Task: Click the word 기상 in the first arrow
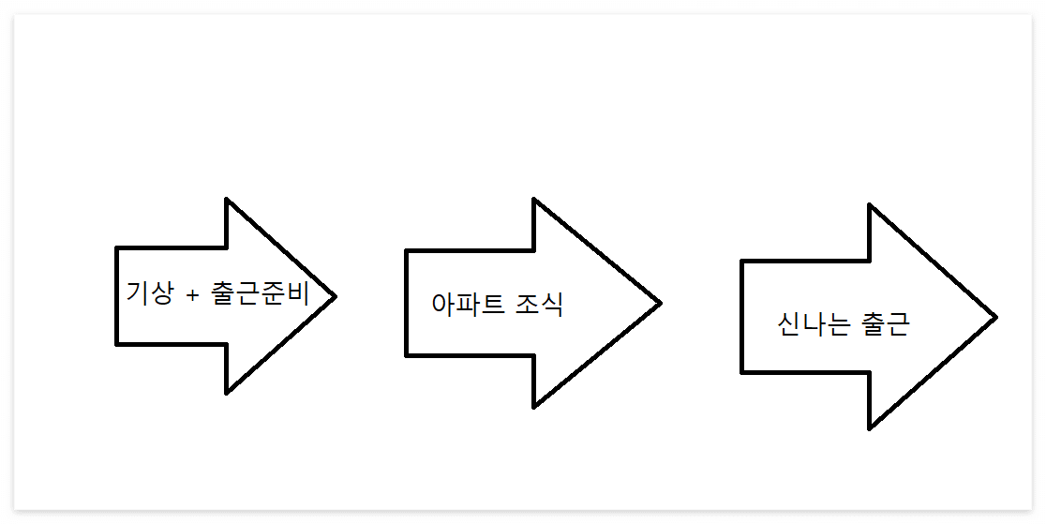(x=150, y=292)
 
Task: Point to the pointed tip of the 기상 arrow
(x=335, y=295)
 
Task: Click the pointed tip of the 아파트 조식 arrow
(x=661, y=302)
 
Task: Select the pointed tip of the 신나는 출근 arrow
(x=996, y=317)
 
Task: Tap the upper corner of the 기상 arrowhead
(x=227, y=200)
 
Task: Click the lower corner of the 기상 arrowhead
(x=227, y=393)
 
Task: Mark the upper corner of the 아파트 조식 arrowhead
(x=534, y=200)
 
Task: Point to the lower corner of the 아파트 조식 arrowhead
(x=534, y=406)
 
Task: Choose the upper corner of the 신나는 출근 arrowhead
(x=870, y=205)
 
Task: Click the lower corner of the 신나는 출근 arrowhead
(x=870, y=428)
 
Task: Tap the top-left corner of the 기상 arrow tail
(x=117, y=248)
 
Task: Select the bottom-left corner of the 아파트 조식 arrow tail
(x=407, y=355)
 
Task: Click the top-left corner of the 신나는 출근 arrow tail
(x=742, y=262)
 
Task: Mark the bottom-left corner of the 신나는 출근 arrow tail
(x=742, y=372)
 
